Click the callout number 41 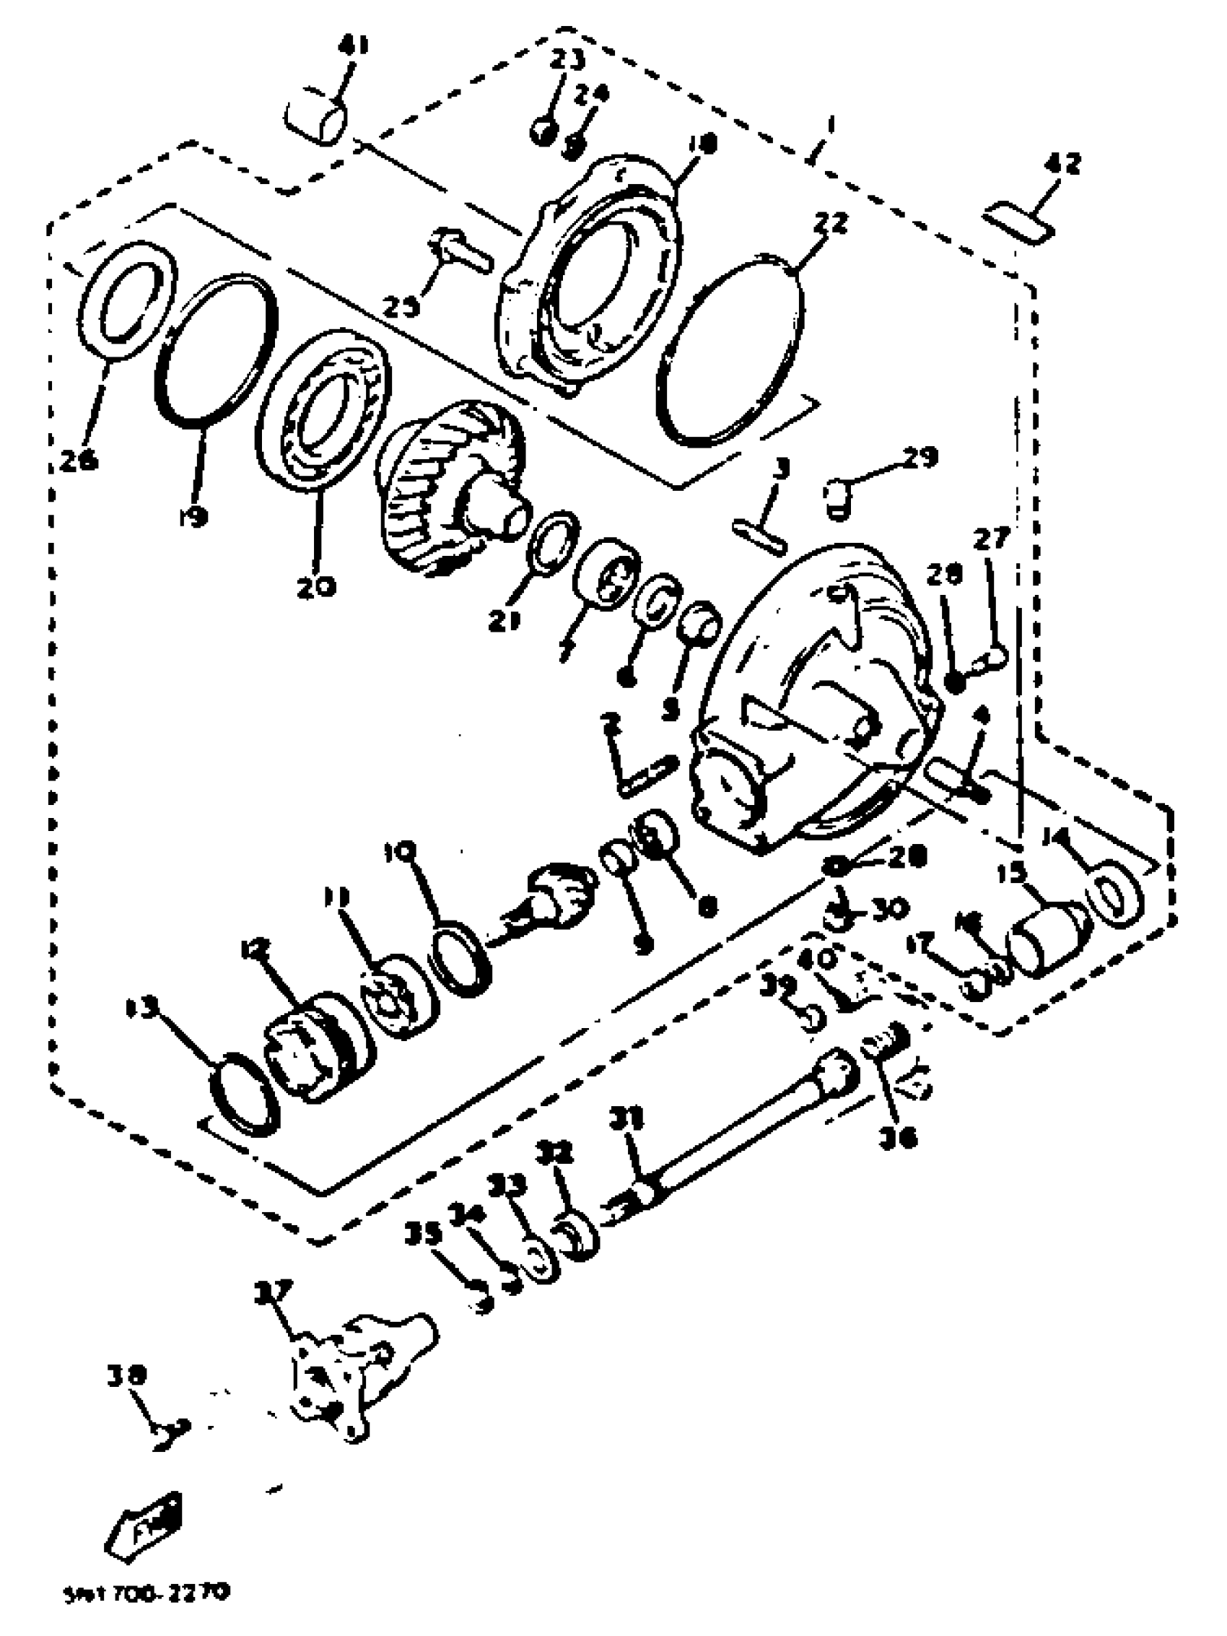point(354,48)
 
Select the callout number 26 point(79,461)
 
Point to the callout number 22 point(829,222)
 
